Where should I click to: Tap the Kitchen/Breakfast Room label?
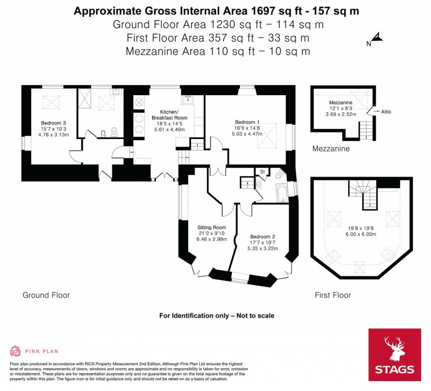tap(169, 115)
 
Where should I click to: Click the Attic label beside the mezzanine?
tap(386, 112)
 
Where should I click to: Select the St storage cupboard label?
tap(262, 172)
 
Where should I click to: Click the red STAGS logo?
tap(394, 354)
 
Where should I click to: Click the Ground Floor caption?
tap(46, 295)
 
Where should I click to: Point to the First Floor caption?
tap(333, 295)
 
